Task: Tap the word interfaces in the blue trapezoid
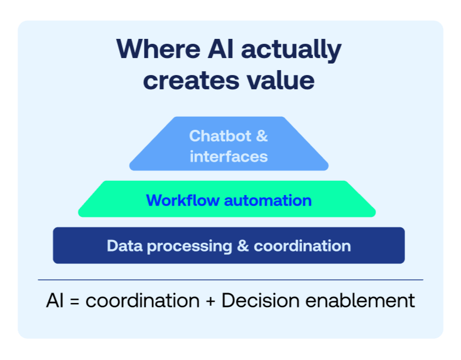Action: point(229,157)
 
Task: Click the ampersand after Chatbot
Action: point(262,135)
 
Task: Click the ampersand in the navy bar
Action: point(243,245)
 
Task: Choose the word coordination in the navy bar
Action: point(302,245)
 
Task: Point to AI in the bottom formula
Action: point(55,301)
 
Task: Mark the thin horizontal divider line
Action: point(231,280)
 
